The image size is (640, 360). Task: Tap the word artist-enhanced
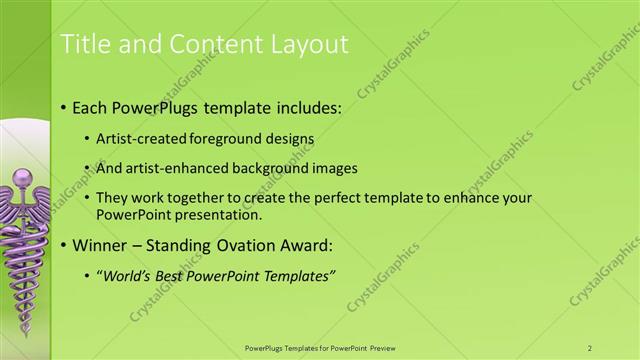pos(168,169)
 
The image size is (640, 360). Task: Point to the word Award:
pos(301,245)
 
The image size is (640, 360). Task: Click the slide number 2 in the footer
pos(590,348)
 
